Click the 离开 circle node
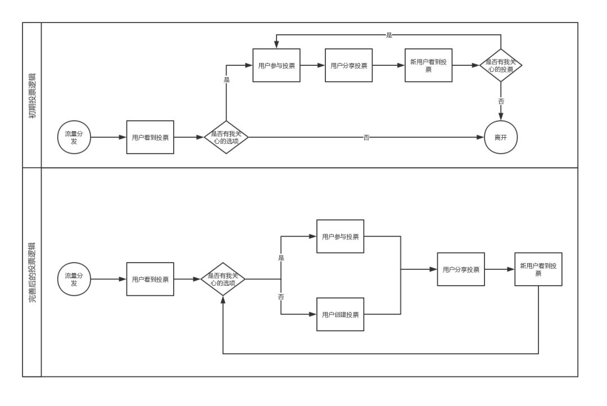tap(501, 137)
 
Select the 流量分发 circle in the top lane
tap(74, 137)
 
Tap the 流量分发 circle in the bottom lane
tap(74, 279)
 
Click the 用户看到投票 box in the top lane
tap(150, 137)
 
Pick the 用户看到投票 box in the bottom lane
tap(150, 279)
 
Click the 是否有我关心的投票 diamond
tap(501, 65)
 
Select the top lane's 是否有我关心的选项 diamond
tap(225, 137)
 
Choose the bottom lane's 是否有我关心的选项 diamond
tap(223, 279)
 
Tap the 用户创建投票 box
tap(340, 314)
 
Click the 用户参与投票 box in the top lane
tap(277, 65)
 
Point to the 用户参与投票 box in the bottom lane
tap(340, 236)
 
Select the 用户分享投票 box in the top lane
tap(348, 65)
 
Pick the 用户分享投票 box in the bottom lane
tap(461, 269)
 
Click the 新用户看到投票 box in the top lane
tap(428, 65)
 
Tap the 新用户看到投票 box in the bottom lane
tap(538, 269)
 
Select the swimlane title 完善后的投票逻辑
tap(32, 272)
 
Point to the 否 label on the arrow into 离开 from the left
tap(366, 137)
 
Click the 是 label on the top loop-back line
tap(389, 35)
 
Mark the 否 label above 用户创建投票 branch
tap(280, 296)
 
